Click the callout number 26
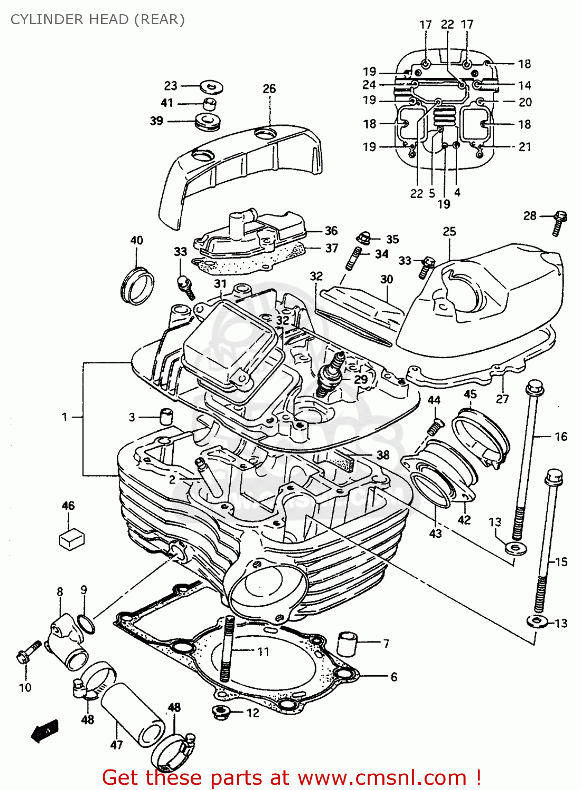[269, 88]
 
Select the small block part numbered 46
[71, 539]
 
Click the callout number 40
[136, 240]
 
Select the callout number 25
[449, 231]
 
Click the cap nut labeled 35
[363, 238]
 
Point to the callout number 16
[561, 436]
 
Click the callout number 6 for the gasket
[393, 676]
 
